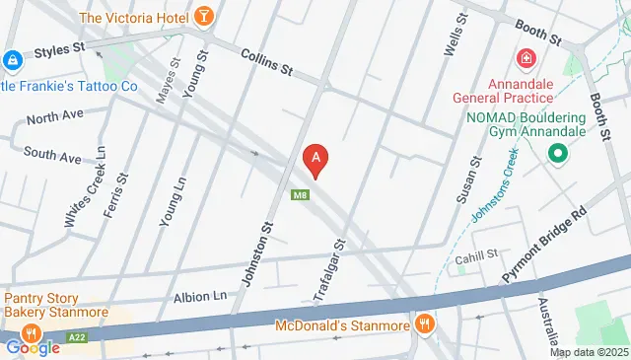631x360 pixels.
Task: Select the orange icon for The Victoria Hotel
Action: click(204, 17)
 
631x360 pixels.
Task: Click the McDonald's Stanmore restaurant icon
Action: click(425, 322)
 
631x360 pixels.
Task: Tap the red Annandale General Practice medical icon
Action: click(525, 59)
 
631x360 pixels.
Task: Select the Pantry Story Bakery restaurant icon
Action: click(32, 332)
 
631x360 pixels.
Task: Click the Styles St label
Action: click(61, 49)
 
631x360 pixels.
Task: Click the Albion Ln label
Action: click(200, 296)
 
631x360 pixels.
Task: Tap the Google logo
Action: click(33, 347)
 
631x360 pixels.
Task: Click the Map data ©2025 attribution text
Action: click(588, 352)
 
